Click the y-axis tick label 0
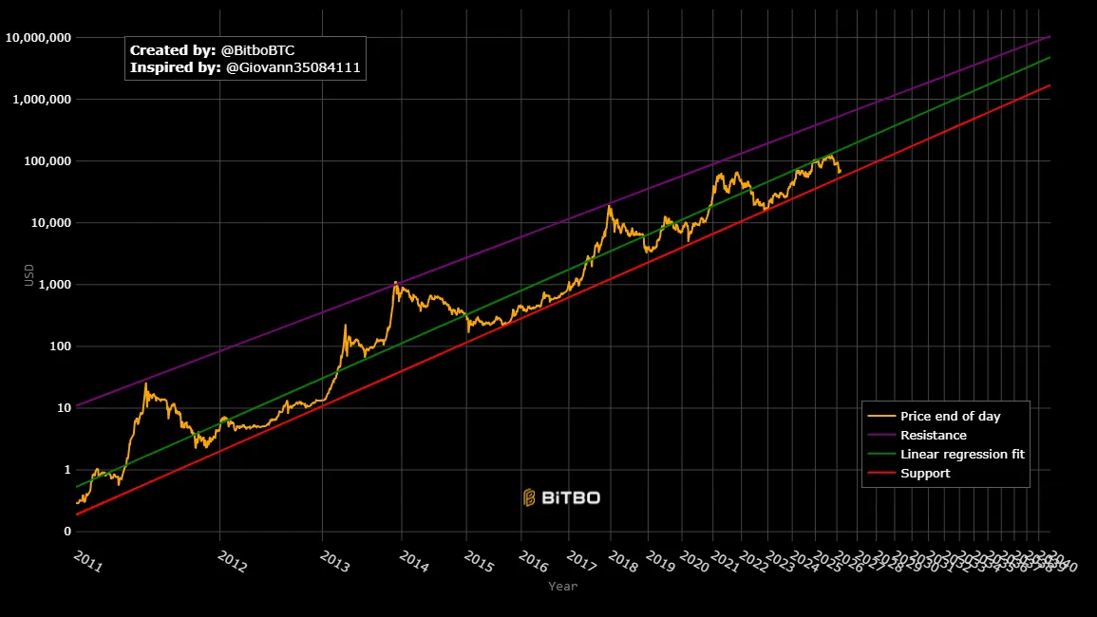click(66, 532)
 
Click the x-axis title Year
click(562, 587)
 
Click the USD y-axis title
click(29, 275)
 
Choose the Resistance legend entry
click(933, 436)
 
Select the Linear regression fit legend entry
click(961, 455)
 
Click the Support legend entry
click(924, 474)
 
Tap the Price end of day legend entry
click(950, 417)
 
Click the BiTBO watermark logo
click(561, 497)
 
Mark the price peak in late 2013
click(395, 282)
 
